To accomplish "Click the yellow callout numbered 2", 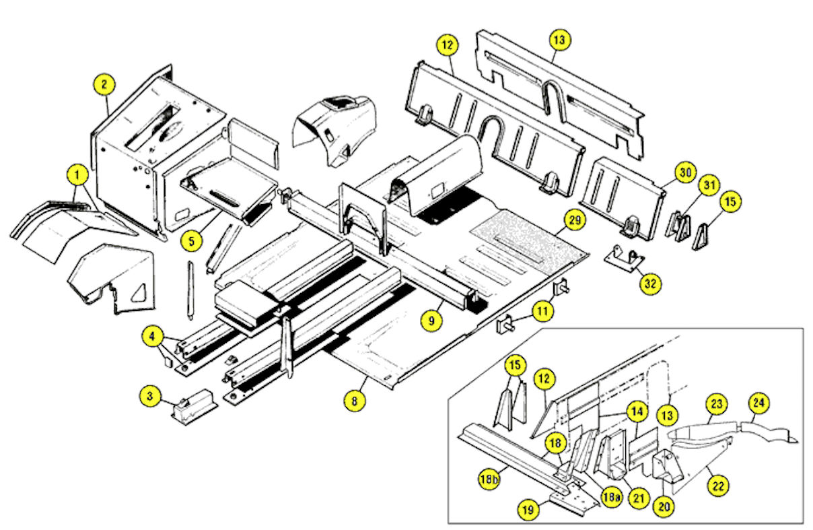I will click(x=104, y=86).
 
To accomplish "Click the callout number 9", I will click(x=431, y=321).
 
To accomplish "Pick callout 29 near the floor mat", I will click(x=573, y=220).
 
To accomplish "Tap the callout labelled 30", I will click(x=684, y=172).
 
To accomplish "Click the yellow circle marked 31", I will click(x=707, y=185).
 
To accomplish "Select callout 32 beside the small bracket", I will click(x=650, y=284).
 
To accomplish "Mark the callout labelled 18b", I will click(x=491, y=479).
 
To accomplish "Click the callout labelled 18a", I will click(x=610, y=498).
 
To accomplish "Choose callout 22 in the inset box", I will click(x=719, y=484).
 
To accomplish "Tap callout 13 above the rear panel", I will click(x=558, y=40).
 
